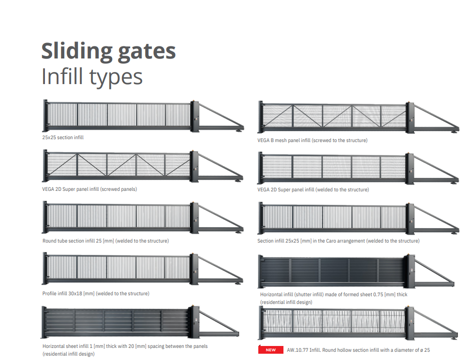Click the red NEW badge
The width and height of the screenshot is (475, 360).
click(271, 350)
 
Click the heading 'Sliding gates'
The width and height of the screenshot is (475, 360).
click(108, 51)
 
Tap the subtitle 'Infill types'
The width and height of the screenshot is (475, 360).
click(92, 76)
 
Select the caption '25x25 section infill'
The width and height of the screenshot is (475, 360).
click(63, 137)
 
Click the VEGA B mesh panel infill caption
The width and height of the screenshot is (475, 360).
click(312, 140)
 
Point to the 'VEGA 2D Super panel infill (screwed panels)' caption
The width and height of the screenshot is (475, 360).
click(89, 189)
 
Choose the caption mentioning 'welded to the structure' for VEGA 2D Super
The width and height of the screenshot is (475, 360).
click(313, 190)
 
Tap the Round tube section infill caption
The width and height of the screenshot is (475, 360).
click(105, 241)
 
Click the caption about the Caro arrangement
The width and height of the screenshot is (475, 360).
click(339, 241)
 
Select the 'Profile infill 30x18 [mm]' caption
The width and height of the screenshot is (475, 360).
click(96, 293)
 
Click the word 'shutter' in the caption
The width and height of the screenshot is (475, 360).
click(303, 294)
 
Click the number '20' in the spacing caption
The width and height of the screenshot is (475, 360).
click(131, 346)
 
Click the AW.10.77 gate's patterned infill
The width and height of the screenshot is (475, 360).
click(334, 321)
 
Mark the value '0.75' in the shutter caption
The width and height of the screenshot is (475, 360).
click(378, 294)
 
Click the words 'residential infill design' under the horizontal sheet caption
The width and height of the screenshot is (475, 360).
click(69, 354)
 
